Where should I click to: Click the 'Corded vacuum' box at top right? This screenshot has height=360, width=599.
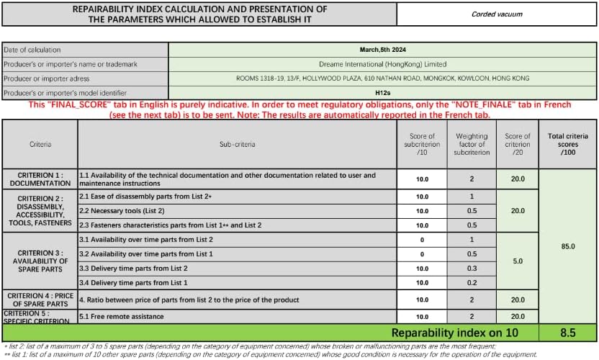tap(497, 14)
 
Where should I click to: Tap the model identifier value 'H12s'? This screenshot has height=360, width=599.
tap(382, 93)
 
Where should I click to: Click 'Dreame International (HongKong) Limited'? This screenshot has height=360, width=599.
tap(382, 64)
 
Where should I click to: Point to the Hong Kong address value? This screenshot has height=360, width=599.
tap(382, 78)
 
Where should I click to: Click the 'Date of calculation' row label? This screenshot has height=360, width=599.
tap(84, 50)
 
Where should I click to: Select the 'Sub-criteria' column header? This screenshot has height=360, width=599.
tap(238, 144)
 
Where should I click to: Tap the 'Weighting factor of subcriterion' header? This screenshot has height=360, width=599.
tap(472, 144)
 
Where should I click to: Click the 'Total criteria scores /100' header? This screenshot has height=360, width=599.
tap(568, 144)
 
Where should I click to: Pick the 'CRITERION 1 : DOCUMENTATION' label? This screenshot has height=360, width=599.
tap(40, 179)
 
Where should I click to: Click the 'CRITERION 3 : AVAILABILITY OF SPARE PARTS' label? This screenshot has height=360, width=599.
tap(40, 261)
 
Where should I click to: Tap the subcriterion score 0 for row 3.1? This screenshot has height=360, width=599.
tap(422, 239)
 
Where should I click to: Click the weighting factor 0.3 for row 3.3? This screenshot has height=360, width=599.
tap(472, 268)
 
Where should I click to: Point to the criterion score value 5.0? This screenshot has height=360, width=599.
tap(517, 261)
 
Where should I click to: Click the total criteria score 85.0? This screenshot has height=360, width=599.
tap(568, 246)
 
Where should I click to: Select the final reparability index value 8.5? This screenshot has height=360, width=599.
tap(568, 333)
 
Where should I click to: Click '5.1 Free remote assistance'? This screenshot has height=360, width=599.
tap(122, 317)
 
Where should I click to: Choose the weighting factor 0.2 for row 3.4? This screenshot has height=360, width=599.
tap(472, 282)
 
